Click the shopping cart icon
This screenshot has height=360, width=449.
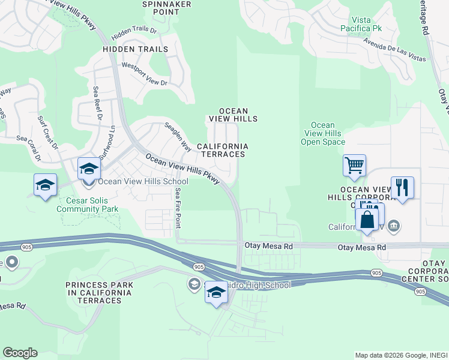pyautogui.click(x=354, y=165)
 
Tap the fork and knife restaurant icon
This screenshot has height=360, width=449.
pyautogui.click(x=402, y=187)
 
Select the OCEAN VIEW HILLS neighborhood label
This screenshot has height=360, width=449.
pyautogui.click(x=233, y=115)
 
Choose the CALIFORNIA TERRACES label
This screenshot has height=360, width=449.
pyautogui.click(x=222, y=150)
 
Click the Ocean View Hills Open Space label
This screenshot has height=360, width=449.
pyautogui.click(x=323, y=133)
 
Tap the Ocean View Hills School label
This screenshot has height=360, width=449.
pyautogui.click(x=143, y=181)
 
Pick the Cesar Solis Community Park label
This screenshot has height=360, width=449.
pyautogui.click(x=87, y=205)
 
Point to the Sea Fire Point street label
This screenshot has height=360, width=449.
pyautogui.click(x=178, y=208)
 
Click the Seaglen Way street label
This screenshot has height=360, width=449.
pyautogui.click(x=178, y=137)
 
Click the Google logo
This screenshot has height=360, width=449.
pyautogui.click(x=20, y=353)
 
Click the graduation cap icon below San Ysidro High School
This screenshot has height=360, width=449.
pyautogui.click(x=216, y=293)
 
